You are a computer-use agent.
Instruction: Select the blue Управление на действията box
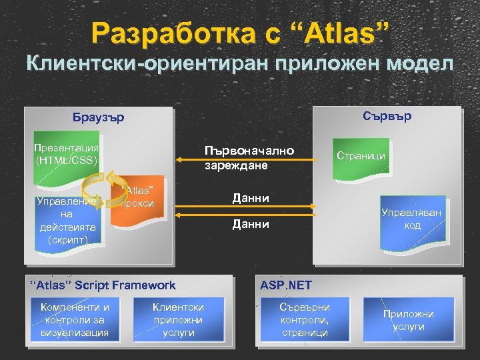67,220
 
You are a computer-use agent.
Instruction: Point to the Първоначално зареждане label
249,157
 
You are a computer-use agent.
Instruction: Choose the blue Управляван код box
411,219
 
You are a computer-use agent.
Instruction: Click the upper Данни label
250,198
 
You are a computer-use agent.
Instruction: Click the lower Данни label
250,225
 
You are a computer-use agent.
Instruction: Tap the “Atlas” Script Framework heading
104,285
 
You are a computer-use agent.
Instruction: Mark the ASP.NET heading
286,285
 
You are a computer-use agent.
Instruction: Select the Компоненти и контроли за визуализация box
75,319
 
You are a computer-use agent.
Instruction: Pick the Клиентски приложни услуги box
178,319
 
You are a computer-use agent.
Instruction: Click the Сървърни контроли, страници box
305,319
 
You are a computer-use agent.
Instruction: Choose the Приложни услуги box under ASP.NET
408,320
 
